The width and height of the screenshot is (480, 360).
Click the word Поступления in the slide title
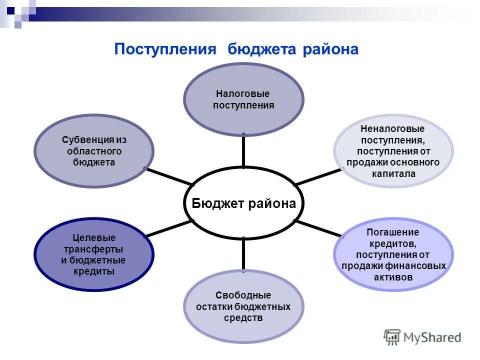[165, 49]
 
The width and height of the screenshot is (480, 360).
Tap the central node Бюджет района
[243, 203]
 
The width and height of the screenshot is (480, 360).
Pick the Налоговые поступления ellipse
[243, 99]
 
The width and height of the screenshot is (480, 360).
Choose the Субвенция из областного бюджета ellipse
[94, 150]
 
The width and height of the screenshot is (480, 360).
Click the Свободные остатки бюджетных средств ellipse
[243, 306]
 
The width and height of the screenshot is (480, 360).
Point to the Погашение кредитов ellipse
[393, 254]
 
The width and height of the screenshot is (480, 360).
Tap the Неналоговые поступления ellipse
[393, 150]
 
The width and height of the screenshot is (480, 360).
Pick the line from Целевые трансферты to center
[168, 229]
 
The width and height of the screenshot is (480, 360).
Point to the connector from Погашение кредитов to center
[318, 228]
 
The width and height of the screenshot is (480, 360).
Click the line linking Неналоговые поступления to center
[318, 177]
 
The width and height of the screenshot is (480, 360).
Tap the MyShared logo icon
[392, 337]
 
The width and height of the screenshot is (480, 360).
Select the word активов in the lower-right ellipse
[393, 277]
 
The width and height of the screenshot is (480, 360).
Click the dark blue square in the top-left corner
[10, 9]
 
